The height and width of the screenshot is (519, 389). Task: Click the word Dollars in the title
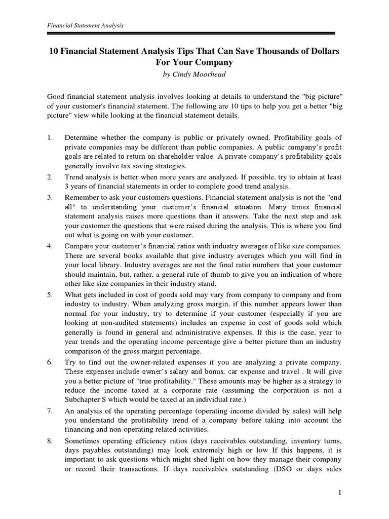tap(325, 52)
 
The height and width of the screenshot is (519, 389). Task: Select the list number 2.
tap(50, 177)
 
